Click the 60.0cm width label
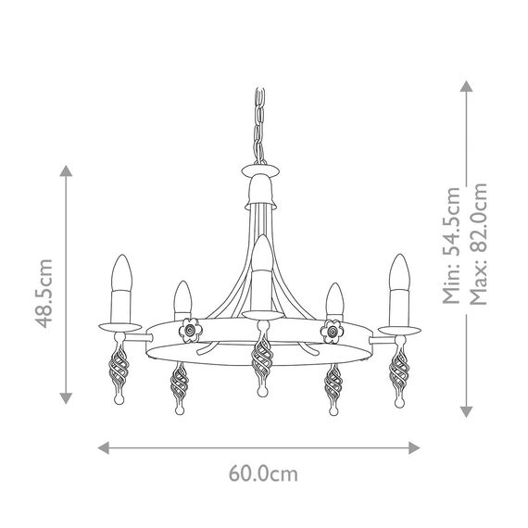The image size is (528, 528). [x=264, y=475]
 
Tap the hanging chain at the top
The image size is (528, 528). [x=258, y=125]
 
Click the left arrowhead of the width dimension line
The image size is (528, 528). [x=104, y=445]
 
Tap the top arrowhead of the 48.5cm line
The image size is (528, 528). [x=66, y=172]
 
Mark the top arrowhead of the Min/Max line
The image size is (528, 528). [x=468, y=85]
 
